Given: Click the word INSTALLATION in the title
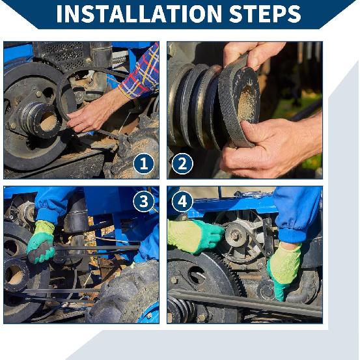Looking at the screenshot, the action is [139, 14].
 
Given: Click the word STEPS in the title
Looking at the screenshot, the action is [265, 14].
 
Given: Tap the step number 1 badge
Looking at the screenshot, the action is [143, 164].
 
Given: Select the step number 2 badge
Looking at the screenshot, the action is [182, 164].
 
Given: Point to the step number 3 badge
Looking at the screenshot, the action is [143, 201].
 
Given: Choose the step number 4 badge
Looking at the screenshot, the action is [182, 201].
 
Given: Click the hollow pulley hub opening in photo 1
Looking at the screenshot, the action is [48, 122].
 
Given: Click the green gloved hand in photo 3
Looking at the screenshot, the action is [40, 243].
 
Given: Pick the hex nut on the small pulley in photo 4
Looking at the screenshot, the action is [234, 235].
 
